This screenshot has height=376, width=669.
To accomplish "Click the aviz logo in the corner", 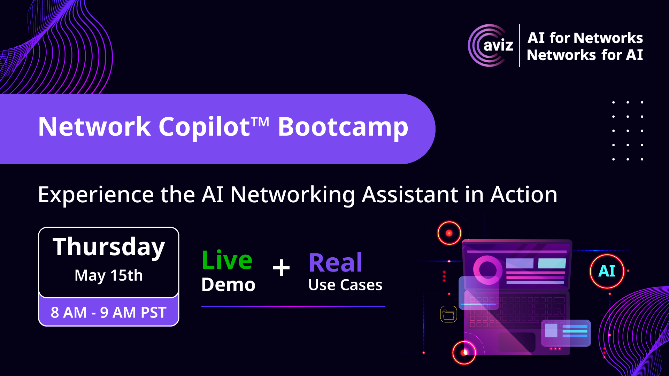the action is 491,45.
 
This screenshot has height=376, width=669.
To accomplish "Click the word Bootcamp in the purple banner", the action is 343,127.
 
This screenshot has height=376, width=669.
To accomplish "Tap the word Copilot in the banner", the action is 204,127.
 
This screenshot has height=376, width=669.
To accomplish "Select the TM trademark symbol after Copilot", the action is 260,122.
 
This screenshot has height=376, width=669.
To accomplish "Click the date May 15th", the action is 109,275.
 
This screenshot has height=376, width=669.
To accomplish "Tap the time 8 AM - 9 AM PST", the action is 109,312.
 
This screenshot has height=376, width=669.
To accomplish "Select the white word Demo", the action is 229,285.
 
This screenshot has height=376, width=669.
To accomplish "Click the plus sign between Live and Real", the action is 281,268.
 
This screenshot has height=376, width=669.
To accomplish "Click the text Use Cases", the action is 345,285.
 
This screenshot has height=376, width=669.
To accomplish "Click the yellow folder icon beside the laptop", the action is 448,314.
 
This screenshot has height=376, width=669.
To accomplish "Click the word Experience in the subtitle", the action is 96,195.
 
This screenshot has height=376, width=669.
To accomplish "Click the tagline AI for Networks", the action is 585,38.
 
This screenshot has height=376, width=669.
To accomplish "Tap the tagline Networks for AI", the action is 585,55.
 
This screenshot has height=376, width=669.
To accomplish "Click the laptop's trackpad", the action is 517,342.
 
